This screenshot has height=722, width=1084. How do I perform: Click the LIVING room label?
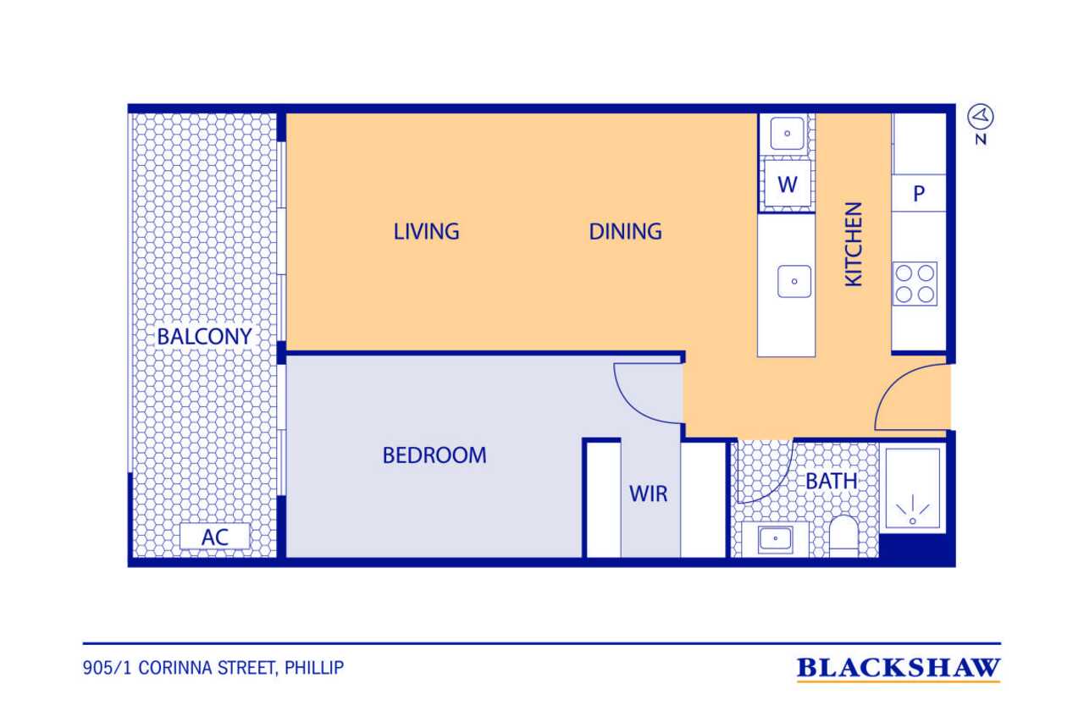[x=426, y=231]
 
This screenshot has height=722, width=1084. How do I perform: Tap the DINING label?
[x=625, y=231]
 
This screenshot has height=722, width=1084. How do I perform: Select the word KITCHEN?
[x=853, y=245]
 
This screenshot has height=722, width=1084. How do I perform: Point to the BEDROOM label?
[x=434, y=455]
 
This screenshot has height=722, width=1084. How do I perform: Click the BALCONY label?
[x=204, y=336]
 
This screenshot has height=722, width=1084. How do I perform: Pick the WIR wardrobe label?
[x=648, y=493]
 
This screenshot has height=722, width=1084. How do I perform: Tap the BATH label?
[x=832, y=481]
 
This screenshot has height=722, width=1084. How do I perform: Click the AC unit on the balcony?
[x=215, y=537]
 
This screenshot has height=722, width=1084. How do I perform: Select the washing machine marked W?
[x=788, y=184]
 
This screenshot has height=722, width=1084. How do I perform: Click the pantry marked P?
[x=919, y=193]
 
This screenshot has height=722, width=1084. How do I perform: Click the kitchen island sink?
[x=794, y=281]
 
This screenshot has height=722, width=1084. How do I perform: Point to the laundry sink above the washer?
[x=787, y=133]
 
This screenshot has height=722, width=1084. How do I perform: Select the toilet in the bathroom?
[x=844, y=537]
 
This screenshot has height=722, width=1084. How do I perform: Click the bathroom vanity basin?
[x=775, y=538]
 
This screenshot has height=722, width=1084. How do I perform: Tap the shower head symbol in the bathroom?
[x=913, y=510]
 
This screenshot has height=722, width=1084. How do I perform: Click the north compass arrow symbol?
[x=981, y=117]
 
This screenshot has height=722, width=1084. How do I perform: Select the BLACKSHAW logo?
[x=899, y=669]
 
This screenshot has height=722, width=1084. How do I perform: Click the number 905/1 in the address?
[x=107, y=668]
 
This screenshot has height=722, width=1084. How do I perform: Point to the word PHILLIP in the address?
[x=314, y=668]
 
